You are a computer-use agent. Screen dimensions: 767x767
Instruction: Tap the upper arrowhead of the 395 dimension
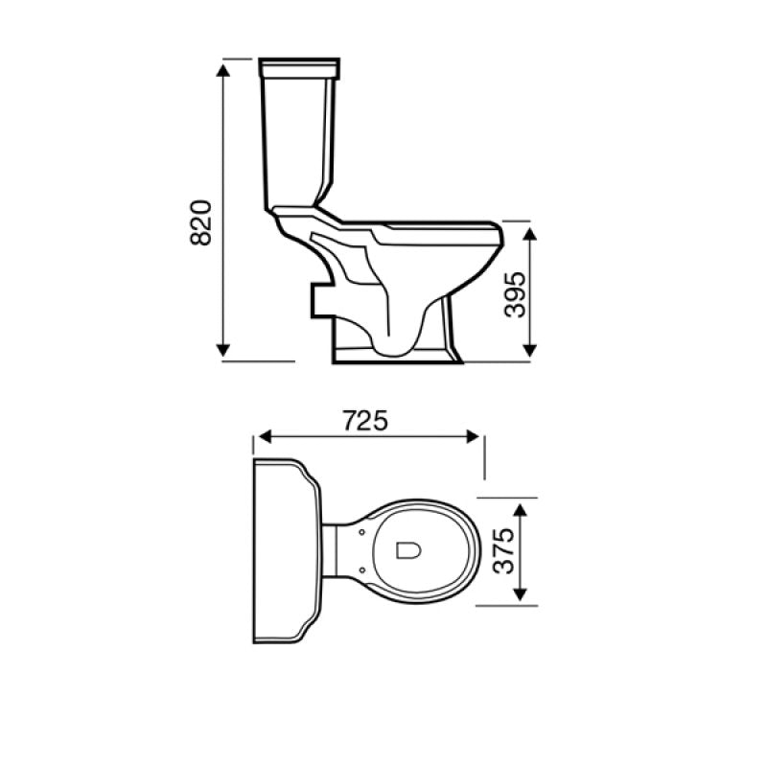(528, 229)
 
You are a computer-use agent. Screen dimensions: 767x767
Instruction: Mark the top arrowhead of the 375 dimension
(519, 509)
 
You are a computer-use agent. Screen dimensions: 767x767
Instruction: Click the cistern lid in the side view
(300, 68)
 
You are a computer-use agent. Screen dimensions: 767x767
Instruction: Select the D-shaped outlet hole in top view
(407, 549)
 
